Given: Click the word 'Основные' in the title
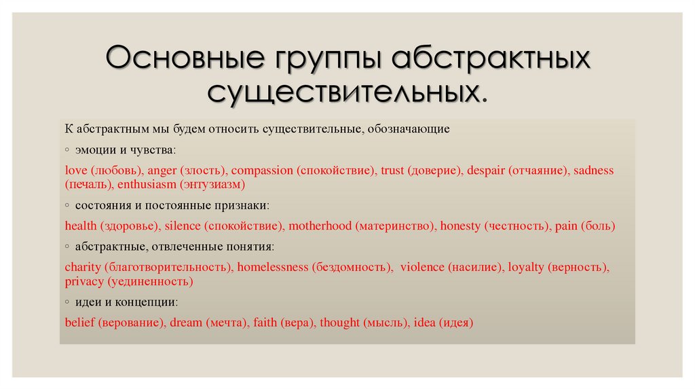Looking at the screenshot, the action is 185,58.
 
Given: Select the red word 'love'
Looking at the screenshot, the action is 76,171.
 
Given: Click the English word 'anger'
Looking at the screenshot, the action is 162,171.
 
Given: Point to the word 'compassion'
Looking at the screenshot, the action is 262,171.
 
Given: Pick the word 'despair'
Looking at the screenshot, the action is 486,171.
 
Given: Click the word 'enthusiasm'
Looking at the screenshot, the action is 147,184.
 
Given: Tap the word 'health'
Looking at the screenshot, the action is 81,226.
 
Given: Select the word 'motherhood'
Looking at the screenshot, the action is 320,226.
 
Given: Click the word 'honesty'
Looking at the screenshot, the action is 460,226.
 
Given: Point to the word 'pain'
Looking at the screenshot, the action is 566,226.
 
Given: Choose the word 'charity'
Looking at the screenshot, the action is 83,268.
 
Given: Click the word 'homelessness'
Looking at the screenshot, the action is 273,267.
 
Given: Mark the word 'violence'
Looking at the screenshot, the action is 422,267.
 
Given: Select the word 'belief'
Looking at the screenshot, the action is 80,322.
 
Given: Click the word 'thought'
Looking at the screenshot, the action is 339,323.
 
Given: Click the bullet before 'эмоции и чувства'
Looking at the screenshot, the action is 67,150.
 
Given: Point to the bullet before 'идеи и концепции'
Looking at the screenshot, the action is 67,302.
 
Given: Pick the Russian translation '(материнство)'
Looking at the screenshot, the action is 394,226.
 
